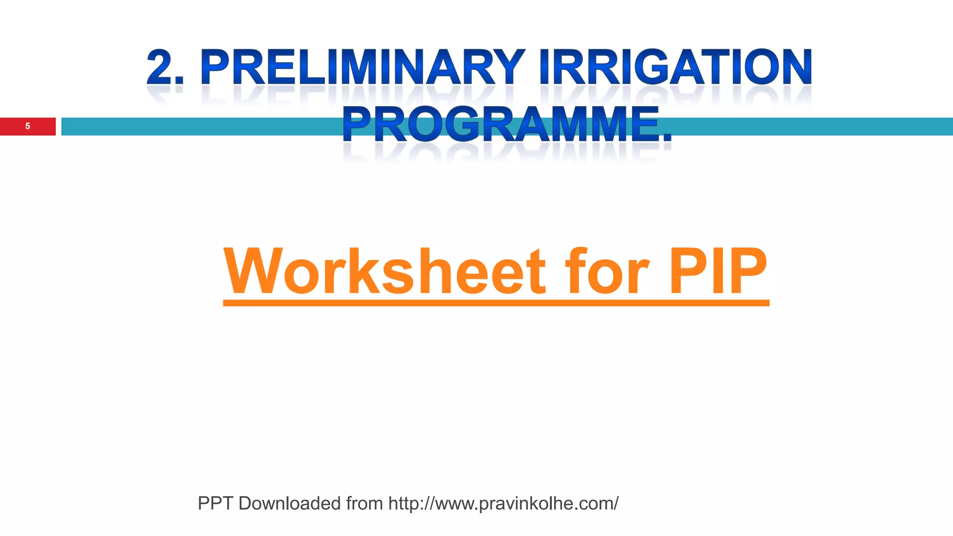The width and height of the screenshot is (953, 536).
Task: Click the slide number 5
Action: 27,126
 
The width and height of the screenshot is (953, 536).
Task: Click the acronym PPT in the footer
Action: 215,503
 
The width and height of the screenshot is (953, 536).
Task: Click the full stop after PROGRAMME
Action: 667,138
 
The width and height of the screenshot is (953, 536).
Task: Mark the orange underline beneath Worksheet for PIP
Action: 496,303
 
